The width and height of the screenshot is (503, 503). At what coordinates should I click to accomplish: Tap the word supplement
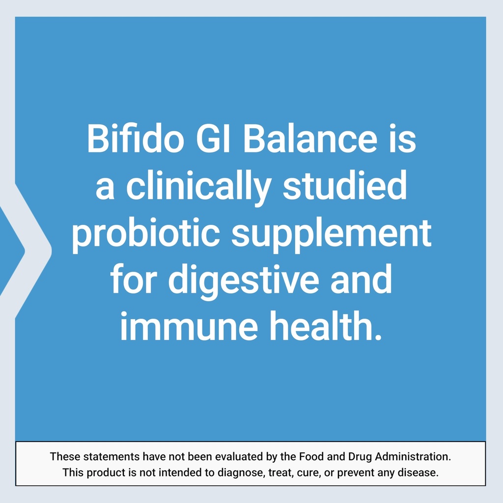click(331, 235)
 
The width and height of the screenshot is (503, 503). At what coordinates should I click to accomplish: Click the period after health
click(377, 337)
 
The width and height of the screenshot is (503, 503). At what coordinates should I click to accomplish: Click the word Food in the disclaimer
click(311, 456)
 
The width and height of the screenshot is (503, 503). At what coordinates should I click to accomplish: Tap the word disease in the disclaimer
click(419, 473)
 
